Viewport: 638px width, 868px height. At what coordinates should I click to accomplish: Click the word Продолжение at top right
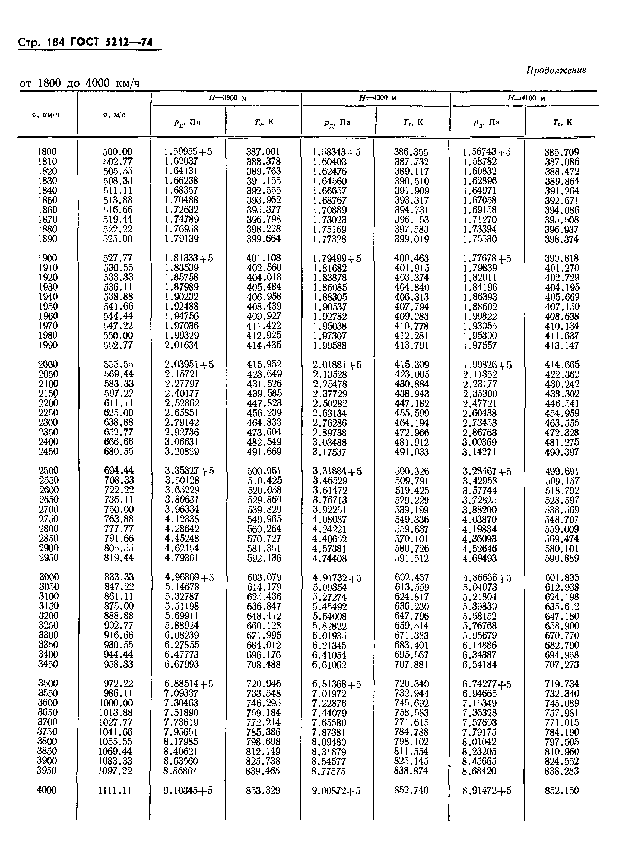tap(556, 70)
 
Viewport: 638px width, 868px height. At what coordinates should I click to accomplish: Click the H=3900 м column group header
tap(227, 98)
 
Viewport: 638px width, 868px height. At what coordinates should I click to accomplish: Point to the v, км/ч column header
tap(46, 115)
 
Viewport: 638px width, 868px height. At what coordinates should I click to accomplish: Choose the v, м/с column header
tap(114, 115)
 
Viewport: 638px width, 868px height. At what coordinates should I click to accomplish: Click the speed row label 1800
tap(47, 152)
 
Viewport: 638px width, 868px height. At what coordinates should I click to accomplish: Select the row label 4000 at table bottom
tap(47, 790)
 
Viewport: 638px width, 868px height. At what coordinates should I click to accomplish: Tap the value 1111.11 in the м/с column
tap(115, 791)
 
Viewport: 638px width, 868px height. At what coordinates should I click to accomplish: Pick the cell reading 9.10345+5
tap(188, 790)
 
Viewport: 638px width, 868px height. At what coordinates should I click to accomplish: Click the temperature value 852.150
tap(562, 790)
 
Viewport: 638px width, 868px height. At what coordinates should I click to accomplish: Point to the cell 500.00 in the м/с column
tap(118, 152)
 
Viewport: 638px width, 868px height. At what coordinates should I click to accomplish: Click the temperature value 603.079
tap(264, 577)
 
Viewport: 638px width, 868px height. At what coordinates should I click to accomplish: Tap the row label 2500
tap(49, 471)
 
